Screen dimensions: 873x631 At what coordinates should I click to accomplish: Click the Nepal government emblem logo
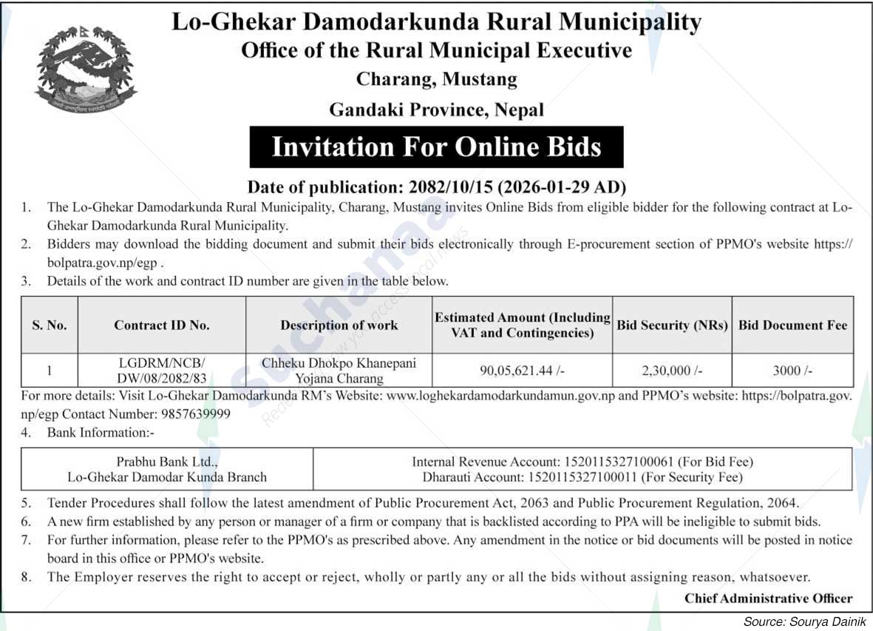tap(86, 70)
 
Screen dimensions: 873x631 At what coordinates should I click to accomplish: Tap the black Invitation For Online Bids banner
tap(436, 146)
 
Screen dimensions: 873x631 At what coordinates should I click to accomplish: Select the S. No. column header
tap(50, 325)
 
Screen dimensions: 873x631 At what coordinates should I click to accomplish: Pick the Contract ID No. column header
tap(162, 325)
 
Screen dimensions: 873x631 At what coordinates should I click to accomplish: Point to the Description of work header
tap(339, 325)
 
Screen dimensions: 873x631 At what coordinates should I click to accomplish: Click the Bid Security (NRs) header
tap(673, 325)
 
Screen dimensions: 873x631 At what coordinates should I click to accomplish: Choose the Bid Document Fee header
tap(793, 325)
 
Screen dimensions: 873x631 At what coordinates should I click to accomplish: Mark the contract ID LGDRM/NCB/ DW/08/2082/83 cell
tap(162, 371)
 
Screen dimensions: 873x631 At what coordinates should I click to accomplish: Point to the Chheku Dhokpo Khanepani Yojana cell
tap(339, 371)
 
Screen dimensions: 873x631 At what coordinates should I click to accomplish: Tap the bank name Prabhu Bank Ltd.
tap(167, 462)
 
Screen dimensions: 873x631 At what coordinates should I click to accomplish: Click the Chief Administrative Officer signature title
tap(768, 598)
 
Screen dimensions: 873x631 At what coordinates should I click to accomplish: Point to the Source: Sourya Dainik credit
tap(804, 621)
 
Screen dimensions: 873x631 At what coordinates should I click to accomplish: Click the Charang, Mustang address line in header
tap(436, 78)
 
